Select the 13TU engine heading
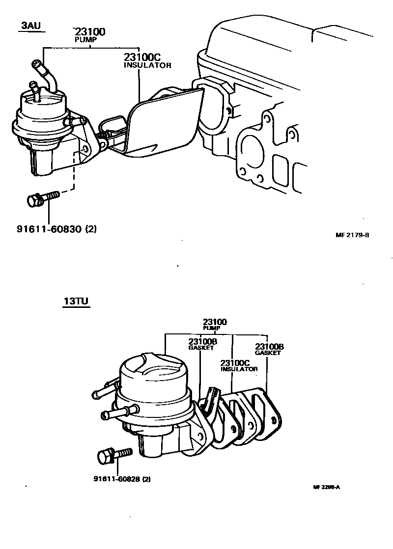(76, 302)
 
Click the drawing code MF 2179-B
(352, 235)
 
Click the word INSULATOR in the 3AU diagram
(147, 65)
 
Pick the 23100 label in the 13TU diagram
(215, 322)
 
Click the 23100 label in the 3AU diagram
(90, 32)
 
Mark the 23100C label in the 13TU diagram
(235, 363)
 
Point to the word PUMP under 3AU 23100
(86, 39)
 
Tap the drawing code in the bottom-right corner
(326, 487)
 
